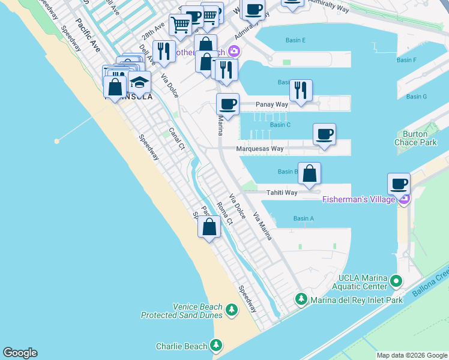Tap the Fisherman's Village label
click(x=359, y=199)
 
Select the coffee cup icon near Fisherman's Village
click(x=399, y=184)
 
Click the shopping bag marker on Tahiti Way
click(x=309, y=173)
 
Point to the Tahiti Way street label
click(x=282, y=193)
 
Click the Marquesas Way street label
click(x=259, y=148)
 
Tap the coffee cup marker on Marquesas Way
click(x=324, y=134)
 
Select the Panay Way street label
click(x=272, y=104)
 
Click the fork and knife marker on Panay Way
click(x=300, y=91)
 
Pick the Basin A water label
click(x=304, y=218)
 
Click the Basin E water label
click(x=295, y=40)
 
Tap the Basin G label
click(x=416, y=97)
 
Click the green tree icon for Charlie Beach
click(x=216, y=346)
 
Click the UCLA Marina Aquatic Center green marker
click(x=396, y=280)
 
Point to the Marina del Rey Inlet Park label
click(x=356, y=299)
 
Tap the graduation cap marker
click(x=139, y=83)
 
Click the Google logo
click(x=20, y=353)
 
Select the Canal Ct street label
click(x=176, y=139)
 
